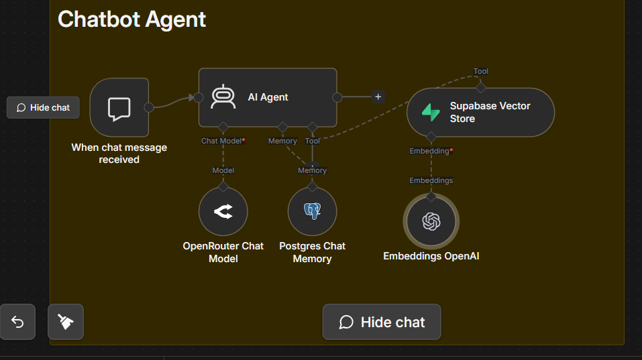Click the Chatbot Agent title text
pyautogui.click(x=132, y=19)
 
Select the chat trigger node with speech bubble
pyautogui.click(x=119, y=107)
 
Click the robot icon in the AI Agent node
pyautogui.click(x=223, y=97)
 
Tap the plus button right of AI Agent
pyautogui.click(x=378, y=97)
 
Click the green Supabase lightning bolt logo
pyautogui.click(x=431, y=112)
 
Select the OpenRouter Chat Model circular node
pyautogui.click(x=223, y=211)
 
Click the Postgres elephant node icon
pyautogui.click(x=313, y=211)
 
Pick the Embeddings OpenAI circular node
pyautogui.click(x=431, y=221)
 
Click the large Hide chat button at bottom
pyautogui.click(x=382, y=322)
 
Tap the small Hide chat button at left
pyautogui.click(x=43, y=107)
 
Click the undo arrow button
pyautogui.click(x=17, y=322)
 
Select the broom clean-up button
pyautogui.click(x=66, y=322)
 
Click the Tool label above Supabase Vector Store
pyautogui.click(x=481, y=71)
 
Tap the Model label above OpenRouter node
pyautogui.click(x=223, y=170)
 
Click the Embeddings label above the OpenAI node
pyautogui.click(x=431, y=180)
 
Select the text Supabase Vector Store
pyautogui.click(x=490, y=112)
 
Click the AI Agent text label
pyautogui.click(x=268, y=97)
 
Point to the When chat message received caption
pyautogui.click(x=119, y=154)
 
